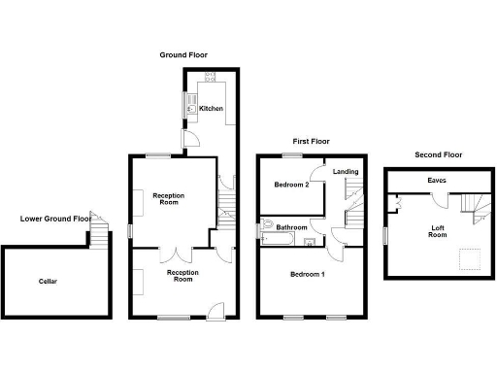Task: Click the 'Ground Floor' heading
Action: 183,55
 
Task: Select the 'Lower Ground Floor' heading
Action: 55,219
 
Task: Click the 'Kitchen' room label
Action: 213,108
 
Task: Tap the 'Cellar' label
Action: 48,282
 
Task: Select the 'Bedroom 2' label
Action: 291,185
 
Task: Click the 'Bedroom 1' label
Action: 308,274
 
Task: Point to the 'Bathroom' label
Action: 291,227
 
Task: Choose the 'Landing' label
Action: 345,172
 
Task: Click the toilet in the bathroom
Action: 267,227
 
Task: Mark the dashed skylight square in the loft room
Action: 469,258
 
